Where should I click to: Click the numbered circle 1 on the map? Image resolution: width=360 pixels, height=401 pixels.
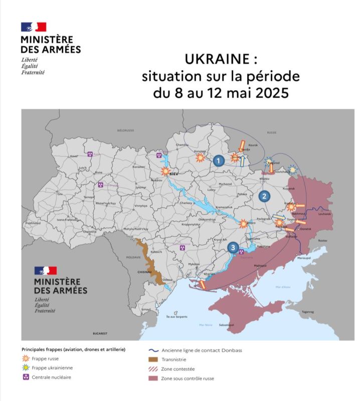[x=218, y=161]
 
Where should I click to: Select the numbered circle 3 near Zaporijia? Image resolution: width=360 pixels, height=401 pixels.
[x=233, y=247]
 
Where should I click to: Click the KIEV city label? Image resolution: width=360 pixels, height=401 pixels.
[x=174, y=173]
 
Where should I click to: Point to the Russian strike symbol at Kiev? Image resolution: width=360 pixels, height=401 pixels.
[x=165, y=171]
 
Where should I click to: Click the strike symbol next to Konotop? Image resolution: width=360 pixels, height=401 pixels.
[x=200, y=158]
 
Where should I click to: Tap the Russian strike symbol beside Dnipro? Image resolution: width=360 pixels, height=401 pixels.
[x=244, y=224]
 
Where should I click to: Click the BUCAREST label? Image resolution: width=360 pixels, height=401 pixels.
[x=100, y=333]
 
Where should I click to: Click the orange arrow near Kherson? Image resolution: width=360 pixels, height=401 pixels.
[x=203, y=285]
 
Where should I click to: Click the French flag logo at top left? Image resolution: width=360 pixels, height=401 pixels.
[x=34, y=27]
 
